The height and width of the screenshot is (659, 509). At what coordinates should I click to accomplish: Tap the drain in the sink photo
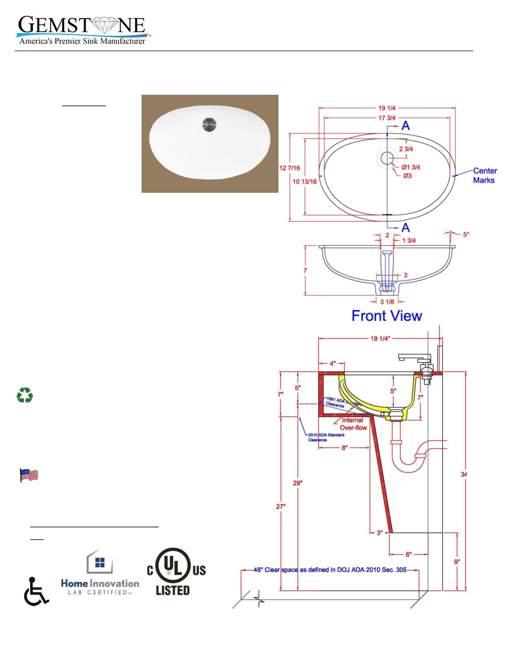point(209,123)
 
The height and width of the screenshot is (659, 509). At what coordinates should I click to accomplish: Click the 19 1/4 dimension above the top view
point(387,108)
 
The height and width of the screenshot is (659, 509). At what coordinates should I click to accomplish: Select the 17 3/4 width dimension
point(387,118)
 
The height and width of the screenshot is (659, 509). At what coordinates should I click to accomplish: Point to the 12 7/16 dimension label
point(290,168)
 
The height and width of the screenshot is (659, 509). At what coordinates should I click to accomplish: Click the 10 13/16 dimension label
point(305,181)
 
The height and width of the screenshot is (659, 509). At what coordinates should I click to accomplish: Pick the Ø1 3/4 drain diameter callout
point(411,167)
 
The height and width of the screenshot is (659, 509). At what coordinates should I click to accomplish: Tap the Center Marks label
point(485,175)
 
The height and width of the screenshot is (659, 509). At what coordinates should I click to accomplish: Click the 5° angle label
point(466,234)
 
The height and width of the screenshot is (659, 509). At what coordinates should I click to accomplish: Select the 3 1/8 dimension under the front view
point(387,302)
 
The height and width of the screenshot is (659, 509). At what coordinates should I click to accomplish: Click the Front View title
point(387,316)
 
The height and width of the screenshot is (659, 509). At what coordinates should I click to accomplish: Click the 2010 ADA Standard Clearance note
point(326,437)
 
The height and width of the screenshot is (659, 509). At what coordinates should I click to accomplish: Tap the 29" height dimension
point(298,483)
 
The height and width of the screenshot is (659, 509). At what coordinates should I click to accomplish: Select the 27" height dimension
point(281,506)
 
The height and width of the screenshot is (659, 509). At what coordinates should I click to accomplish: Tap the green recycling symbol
point(25,395)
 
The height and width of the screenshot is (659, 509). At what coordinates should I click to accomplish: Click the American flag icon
point(29,475)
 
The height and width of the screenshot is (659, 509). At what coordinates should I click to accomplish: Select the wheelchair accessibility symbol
point(36,591)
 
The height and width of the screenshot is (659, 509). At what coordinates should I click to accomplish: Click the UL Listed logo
point(176,573)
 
